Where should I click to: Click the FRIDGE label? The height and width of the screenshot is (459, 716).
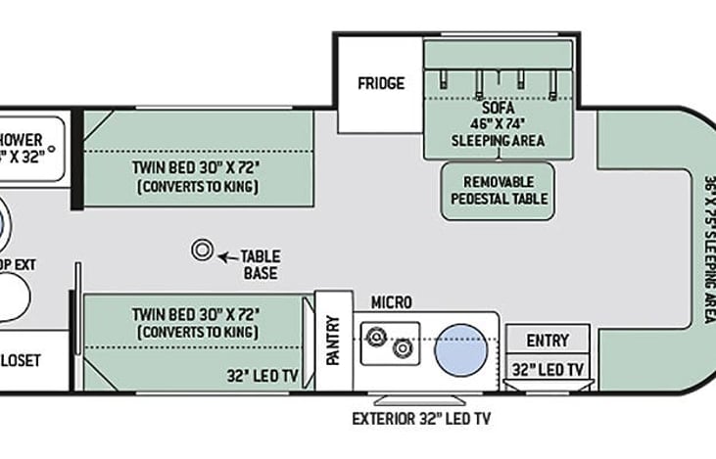[380, 83]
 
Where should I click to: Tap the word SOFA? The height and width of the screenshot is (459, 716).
[497, 108]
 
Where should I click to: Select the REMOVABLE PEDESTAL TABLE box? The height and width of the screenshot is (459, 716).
[498, 191]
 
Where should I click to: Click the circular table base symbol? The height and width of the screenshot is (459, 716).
[203, 250]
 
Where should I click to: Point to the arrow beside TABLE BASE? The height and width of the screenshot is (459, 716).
[226, 256]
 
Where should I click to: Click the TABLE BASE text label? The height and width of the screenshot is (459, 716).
[260, 264]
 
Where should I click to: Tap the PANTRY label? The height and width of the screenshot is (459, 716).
[333, 340]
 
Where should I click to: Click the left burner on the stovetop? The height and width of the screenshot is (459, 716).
[373, 338]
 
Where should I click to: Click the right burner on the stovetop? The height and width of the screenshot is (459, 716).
[401, 347]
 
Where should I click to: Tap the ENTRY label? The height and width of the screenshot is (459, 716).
[547, 340]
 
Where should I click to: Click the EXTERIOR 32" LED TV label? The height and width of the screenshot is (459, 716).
[421, 418]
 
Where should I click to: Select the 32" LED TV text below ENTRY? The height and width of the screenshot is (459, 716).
[549, 369]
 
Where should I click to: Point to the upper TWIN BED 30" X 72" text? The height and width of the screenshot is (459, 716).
[196, 166]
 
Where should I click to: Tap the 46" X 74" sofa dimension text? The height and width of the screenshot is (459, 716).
[498, 123]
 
